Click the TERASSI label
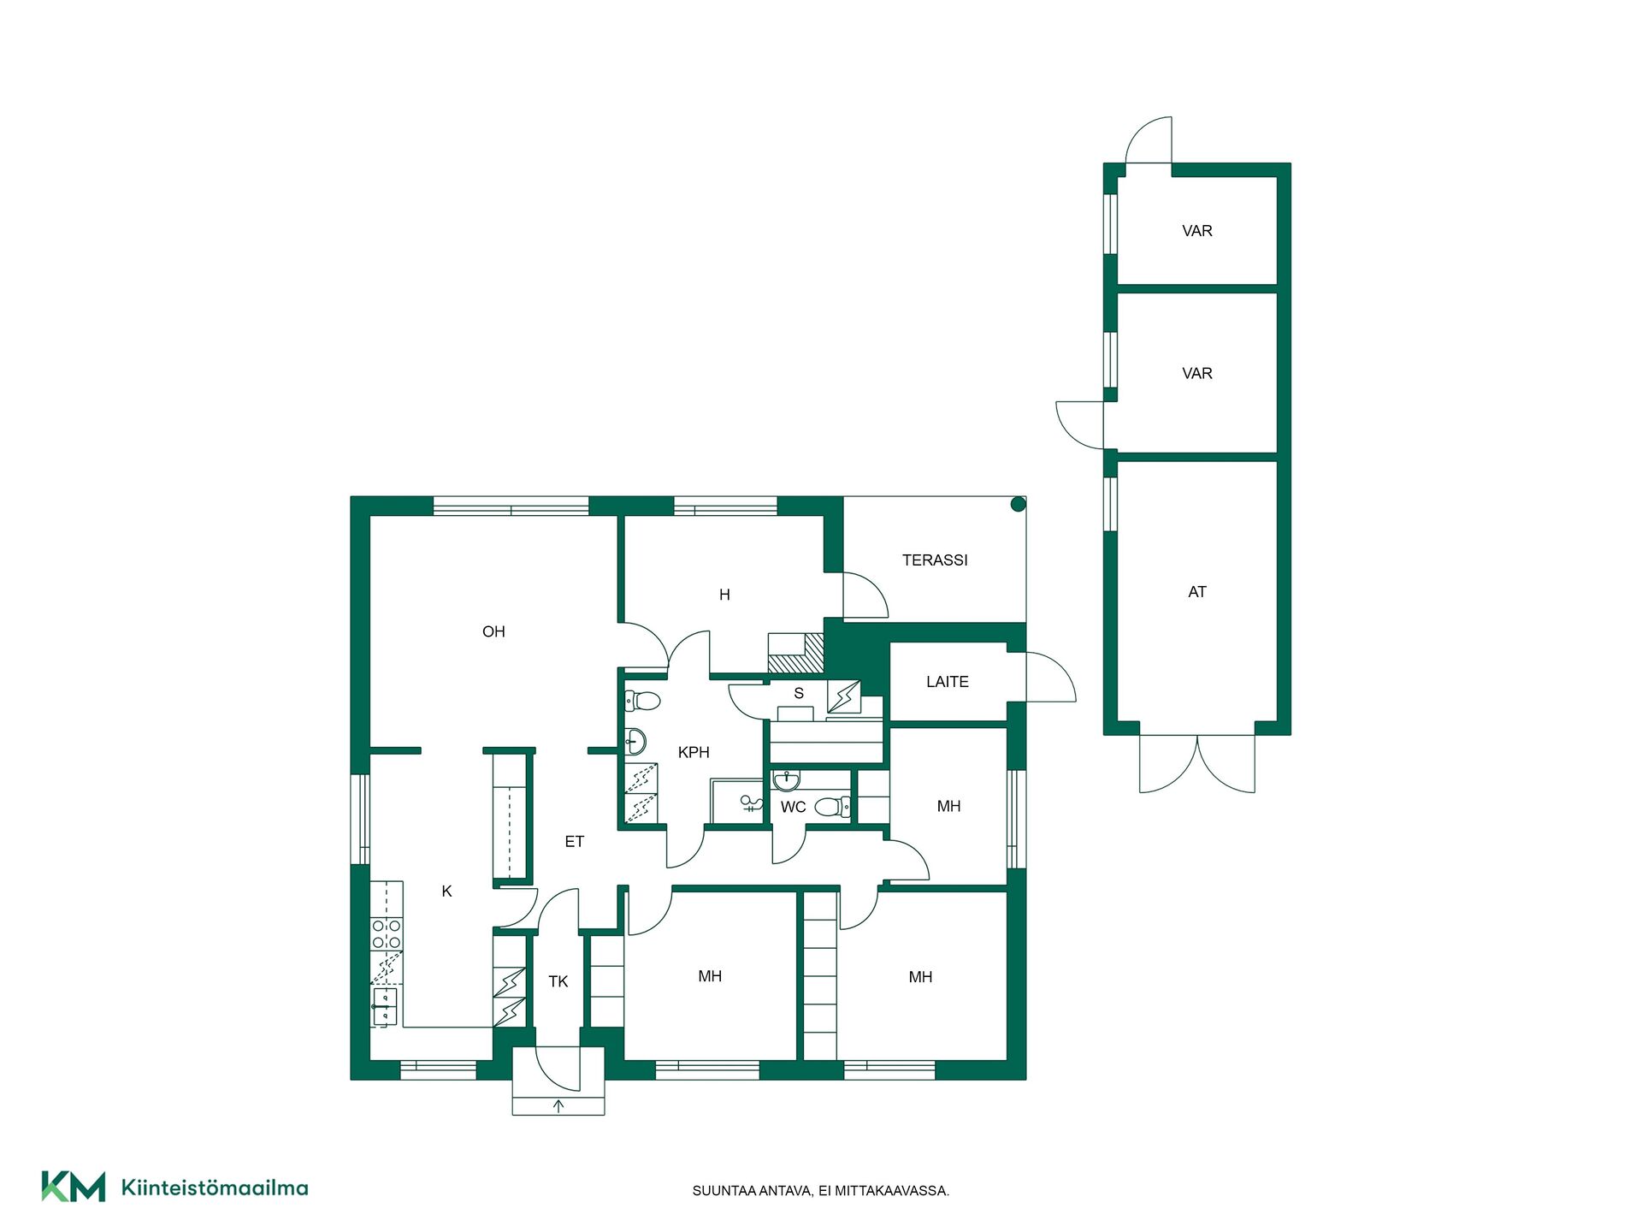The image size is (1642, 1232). (935, 560)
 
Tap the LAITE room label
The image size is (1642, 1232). (948, 682)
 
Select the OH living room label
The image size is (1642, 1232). (493, 632)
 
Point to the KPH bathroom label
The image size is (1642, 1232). (694, 753)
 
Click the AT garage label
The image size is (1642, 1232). (1197, 592)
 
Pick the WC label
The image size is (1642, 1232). (793, 807)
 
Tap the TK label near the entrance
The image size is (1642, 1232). (558, 982)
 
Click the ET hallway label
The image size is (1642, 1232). (575, 842)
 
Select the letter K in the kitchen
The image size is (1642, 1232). (446, 891)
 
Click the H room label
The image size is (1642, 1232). (724, 595)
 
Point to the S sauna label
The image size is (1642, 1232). (799, 694)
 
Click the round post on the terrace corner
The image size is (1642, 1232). (1018, 505)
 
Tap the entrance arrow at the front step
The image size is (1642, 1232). (558, 1106)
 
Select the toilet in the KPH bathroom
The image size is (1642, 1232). (642, 702)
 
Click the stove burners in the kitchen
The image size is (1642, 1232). (387, 934)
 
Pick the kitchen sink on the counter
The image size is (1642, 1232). (385, 1006)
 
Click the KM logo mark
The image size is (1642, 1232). (74, 1187)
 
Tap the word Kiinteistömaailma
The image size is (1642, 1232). (215, 1188)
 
